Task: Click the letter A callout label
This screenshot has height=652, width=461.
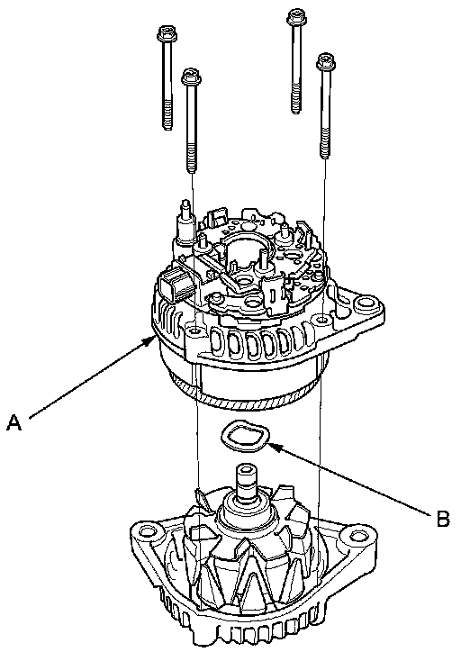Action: [x=14, y=422]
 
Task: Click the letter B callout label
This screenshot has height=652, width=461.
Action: [x=443, y=518]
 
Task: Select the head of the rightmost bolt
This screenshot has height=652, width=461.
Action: [x=326, y=61]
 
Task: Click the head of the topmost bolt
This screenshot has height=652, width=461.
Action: [x=297, y=16]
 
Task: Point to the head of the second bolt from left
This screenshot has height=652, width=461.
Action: [x=191, y=77]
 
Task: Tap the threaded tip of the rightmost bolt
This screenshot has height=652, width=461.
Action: [x=325, y=147]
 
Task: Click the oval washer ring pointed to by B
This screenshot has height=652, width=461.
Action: [x=245, y=437]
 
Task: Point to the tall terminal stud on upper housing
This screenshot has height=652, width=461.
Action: [x=185, y=222]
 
